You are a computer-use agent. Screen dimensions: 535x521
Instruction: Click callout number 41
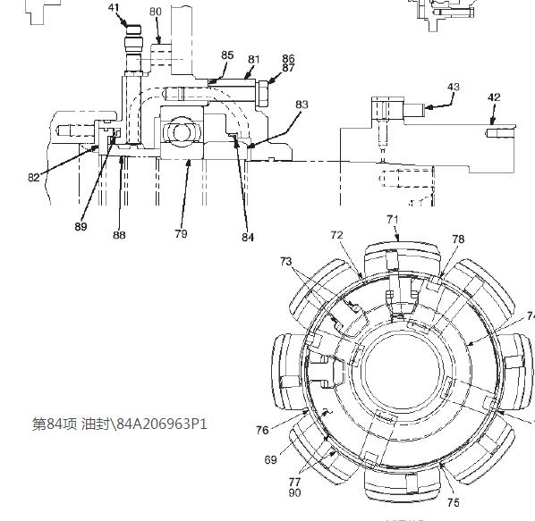114,7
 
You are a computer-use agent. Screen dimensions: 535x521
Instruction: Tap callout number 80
156,12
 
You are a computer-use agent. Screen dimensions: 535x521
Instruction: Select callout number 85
227,55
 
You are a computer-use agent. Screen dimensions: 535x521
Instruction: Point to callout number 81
253,59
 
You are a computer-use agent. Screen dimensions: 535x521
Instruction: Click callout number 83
301,105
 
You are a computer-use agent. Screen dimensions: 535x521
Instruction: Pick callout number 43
454,87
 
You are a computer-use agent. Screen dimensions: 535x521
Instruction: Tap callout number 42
494,97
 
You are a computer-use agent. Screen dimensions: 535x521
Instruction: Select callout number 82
34,177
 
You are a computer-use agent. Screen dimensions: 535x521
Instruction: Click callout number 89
81,226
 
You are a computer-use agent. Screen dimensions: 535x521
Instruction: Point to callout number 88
119,234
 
